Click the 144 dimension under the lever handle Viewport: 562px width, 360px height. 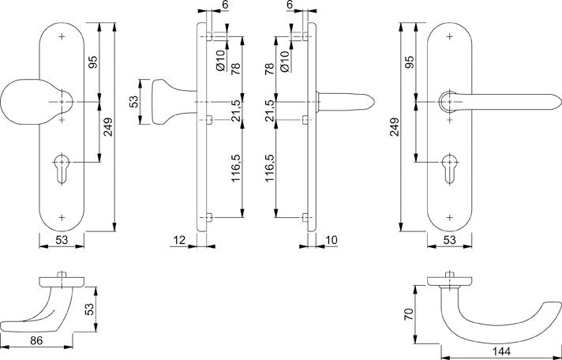click(x=501, y=351)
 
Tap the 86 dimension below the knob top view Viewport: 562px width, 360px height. click(x=36, y=340)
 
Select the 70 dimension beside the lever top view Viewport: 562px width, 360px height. click(x=409, y=314)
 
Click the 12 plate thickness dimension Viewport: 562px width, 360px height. click(x=179, y=240)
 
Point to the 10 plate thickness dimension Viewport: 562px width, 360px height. click(x=332, y=240)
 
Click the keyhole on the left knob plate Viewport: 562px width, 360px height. click(x=62, y=169)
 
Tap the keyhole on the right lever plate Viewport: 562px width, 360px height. click(x=449, y=169)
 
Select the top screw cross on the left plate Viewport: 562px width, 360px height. click(x=62, y=36)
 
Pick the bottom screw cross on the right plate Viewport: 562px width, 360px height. click(x=449, y=217)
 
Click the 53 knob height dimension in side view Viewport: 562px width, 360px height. click(x=133, y=102)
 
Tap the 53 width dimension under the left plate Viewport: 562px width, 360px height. click(x=62, y=240)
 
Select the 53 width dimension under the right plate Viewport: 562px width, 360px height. click(x=449, y=240)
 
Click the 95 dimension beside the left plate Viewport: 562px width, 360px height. click(x=92, y=62)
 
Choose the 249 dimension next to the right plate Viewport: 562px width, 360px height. click(x=394, y=127)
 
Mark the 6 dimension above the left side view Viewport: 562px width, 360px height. click(x=225, y=5)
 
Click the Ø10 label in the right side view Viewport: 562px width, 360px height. click(x=285, y=61)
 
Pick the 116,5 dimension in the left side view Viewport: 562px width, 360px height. click(x=236, y=168)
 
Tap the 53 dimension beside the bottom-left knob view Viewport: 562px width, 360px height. click(x=89, y=309)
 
